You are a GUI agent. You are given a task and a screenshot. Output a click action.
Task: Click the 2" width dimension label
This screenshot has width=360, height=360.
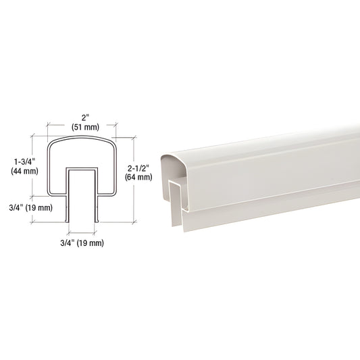click(x=85, y=118)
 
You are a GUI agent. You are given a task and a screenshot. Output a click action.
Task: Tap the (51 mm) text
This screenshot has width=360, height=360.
click(x=85, y=127)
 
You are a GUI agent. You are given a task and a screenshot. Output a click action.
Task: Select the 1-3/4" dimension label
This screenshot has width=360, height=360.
click(x=24, y=162)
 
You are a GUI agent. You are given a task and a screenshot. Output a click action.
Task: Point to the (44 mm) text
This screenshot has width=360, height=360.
click(x=24, y=171)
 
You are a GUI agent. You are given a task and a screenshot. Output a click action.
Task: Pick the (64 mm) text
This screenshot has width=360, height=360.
click(x=138, y=177)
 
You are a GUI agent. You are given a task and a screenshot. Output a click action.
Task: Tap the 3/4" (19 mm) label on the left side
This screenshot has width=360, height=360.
click(x=31, y=208)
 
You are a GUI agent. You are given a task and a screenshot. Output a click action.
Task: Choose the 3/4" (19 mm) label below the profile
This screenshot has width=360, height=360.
click(x=82, y=243)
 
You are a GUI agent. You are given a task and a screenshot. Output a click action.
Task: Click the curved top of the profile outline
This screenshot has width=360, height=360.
click(x=82, y=137)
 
